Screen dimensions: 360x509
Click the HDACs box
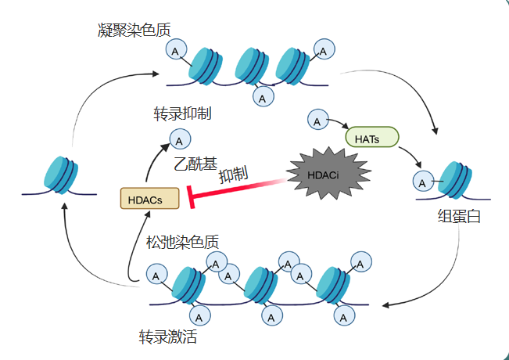[149, 199]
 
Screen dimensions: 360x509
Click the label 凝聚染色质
[134, 31]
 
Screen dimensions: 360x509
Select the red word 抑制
[234, 174]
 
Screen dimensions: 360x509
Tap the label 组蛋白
[459, 217]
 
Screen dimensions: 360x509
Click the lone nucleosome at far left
[60, 173]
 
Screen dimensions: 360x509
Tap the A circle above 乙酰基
[179, 140]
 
